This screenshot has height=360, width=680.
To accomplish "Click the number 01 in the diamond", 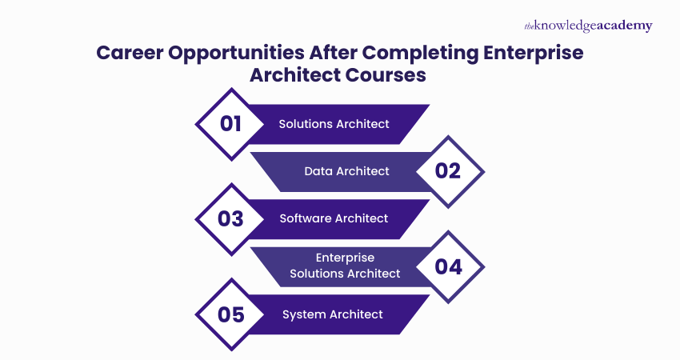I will click(230, 123).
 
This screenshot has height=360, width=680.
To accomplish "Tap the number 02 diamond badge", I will click(449, 170).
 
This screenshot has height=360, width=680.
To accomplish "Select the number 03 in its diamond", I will click(230, 218).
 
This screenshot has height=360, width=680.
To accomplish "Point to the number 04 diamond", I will click(449, 266).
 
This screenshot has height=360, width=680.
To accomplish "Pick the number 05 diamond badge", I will click(230, 314).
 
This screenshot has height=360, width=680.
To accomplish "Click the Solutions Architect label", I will click(334, 124).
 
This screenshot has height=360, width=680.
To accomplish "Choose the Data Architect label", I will click(346, 171).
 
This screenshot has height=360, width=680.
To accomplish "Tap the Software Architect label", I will click(334, 218).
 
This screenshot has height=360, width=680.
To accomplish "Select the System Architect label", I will click(333, 314).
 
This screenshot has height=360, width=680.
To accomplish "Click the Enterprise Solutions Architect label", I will click(345, 266).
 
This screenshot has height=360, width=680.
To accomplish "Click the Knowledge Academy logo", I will click(588, 26).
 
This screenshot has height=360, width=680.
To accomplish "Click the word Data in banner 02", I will click(318, 171).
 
